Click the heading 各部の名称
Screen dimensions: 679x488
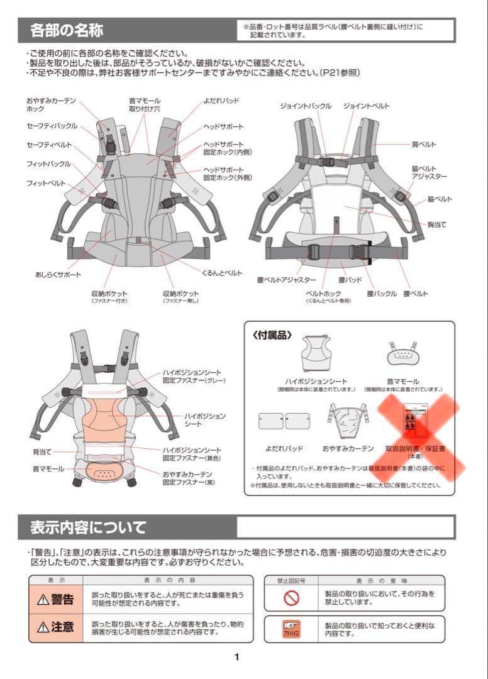tap(67, 30)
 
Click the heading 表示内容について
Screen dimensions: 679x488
tap(88, 527)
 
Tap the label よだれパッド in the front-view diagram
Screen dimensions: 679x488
tap(221, 101)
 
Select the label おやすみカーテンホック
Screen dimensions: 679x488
tap(51, 104)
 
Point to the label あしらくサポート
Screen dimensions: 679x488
tap(58, 275)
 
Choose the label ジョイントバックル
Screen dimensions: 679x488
tap(306, 106)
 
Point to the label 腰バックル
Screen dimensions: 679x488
tap(382, 294)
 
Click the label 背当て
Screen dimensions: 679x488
tap(42, 451)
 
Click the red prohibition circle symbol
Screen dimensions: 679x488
tap(291, 599)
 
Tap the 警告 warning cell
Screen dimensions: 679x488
tap(55, 599)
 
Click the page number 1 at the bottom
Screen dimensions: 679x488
tap(236, 657)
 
